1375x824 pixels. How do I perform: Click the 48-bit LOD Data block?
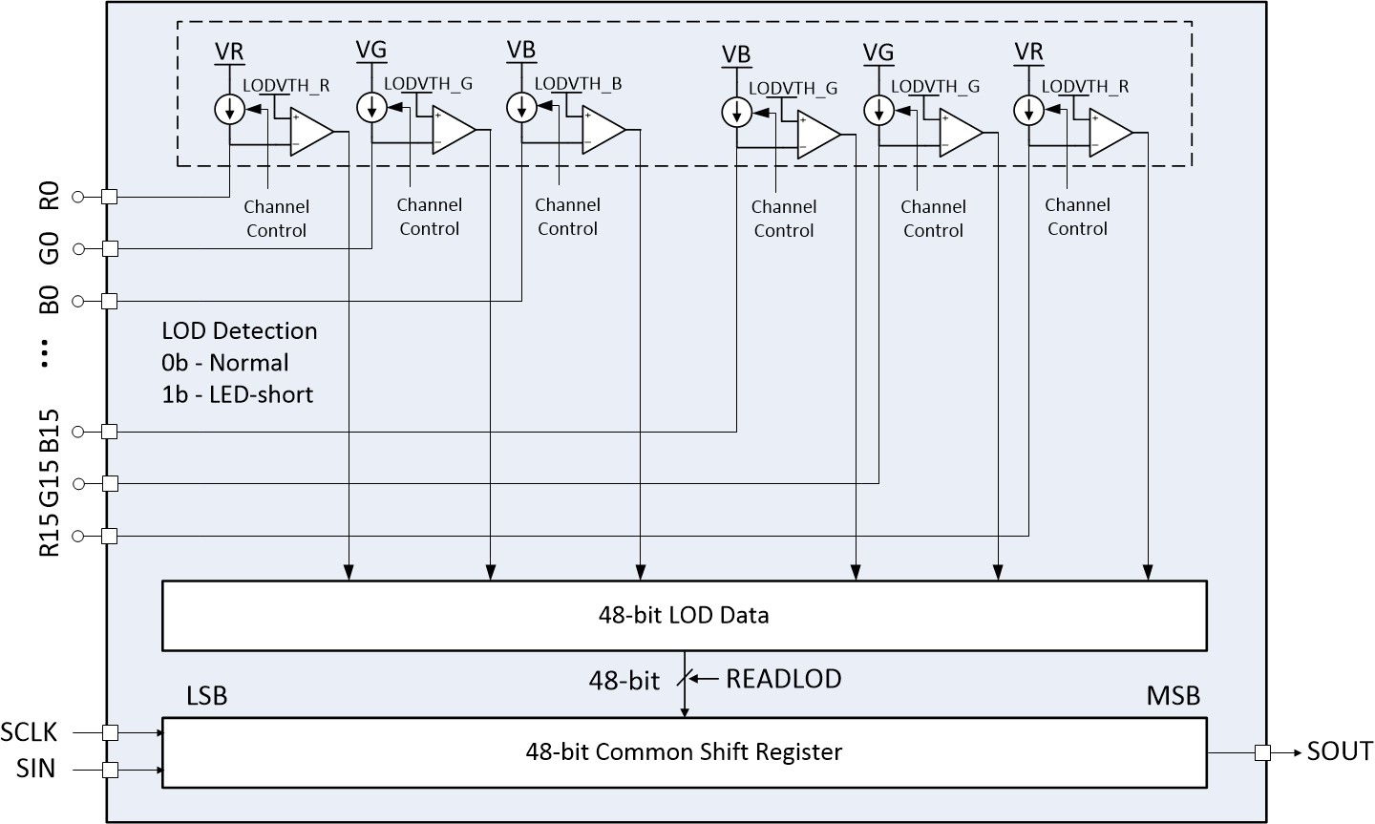pos(684,615)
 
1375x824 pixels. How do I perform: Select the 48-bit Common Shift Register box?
pos(684,752)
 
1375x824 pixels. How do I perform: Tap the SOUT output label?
pos(1340,751)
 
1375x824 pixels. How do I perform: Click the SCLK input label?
pos(30,732)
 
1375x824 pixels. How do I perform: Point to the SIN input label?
pos(35,769)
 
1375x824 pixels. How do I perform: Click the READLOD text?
pos(783,679)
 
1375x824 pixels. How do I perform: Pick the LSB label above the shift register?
pos(206,696)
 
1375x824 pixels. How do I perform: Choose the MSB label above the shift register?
pos(1173,696)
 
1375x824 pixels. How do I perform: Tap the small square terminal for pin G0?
pos(110,248)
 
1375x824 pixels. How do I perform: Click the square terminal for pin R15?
pos(110,536)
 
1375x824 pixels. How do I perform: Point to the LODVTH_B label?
pos(578,84)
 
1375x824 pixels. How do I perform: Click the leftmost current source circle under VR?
pos(229,110)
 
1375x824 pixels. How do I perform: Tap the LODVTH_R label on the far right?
pos(1085,86)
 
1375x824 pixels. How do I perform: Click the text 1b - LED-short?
pos(238,394)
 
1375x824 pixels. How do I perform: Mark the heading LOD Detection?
pos(240,331)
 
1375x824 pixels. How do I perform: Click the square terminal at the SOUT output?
pos(1262,752)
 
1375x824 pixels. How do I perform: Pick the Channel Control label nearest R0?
pos(276,219)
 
